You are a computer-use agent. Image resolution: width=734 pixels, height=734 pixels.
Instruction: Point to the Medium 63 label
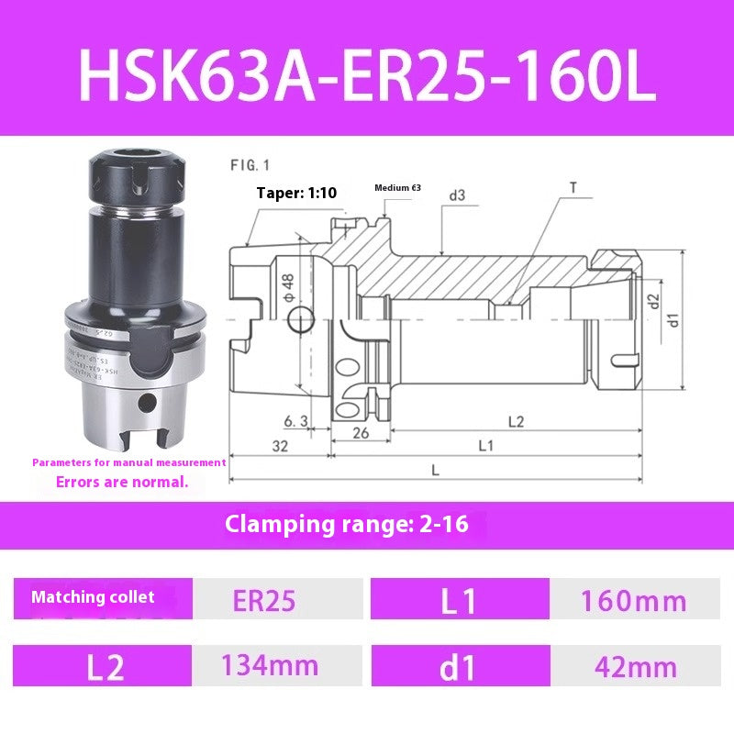click(397, 187)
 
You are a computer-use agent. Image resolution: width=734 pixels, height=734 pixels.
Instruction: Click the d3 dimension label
click(456, 195)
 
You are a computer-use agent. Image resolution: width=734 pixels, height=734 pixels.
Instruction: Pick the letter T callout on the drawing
click(573, 187)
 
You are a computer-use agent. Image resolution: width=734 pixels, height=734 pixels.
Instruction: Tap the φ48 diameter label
click(287, 287)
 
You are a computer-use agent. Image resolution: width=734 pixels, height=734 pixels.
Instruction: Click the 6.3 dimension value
click(295, 421)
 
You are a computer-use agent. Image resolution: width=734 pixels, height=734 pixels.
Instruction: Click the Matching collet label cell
click(94, 597)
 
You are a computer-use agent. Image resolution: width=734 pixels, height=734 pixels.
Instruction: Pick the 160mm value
click(633, 601)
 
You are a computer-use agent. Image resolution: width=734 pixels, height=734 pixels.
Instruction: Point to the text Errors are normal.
click(122, 481)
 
